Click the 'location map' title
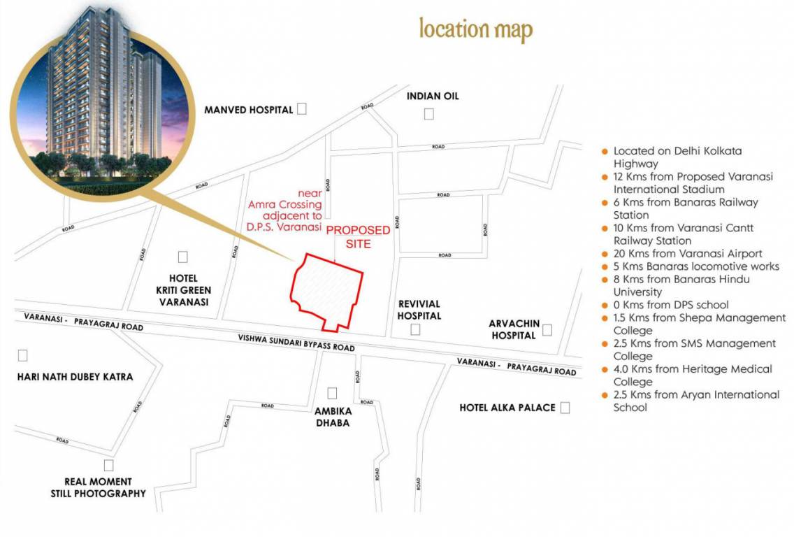point(475,29)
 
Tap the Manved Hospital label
point(248,110)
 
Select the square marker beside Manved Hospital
point(302,108)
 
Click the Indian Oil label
point(433,96)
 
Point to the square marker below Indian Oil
point(428,114)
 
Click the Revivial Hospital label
point(419,310)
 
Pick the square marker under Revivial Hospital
point(415,329)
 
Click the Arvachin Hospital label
point(513,329)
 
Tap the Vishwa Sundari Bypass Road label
point(296,343)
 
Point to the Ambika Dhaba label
point(332,417)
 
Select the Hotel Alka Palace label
point(507,408)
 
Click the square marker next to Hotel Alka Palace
point(565,408)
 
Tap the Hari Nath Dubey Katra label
point(75,377)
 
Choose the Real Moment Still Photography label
point(98,487)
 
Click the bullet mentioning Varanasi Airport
point(687,253)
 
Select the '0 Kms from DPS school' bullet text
point(670,305)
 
